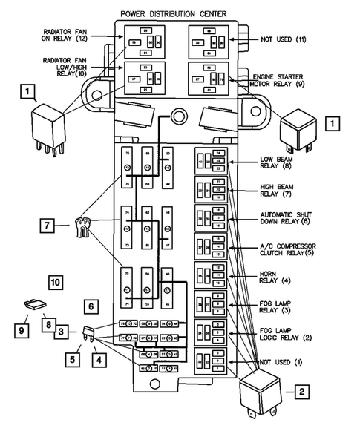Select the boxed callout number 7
pyautogui.click(x=47, y=225)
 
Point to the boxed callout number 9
pyautogui.click(x=22, y=329)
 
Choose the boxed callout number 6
pyautogui.click(x=89, y=305)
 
